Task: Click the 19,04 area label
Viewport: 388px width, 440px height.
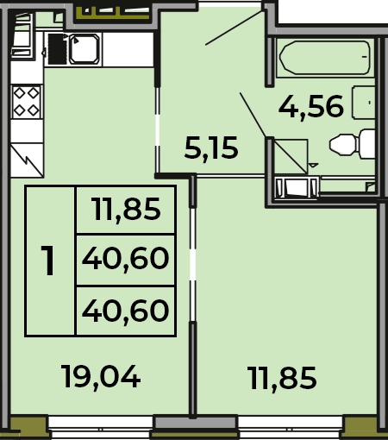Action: pos(101,377)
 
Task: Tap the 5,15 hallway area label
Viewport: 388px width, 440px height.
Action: pos(211,148)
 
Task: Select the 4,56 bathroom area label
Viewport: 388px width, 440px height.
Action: pos(311,107)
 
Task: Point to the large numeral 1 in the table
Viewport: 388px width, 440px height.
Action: pos(47,261)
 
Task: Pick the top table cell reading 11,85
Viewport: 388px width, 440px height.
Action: pos(126,209)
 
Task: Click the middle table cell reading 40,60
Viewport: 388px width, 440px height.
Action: pos(125,259)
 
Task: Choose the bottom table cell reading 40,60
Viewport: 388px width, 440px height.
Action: pos(125,311)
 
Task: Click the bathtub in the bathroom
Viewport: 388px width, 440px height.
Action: pos(325,58)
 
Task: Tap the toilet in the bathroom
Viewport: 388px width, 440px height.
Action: pos(353,144)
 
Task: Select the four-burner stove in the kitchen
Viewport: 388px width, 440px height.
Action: pos(27,102)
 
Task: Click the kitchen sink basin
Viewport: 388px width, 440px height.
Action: pos(84,49)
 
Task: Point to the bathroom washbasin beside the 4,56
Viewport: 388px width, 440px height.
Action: pos(364,102)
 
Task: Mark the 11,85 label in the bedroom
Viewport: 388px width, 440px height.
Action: pos(283,378)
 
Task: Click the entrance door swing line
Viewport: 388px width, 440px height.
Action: pos(235,28)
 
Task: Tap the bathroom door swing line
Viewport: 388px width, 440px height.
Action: pos(253,115)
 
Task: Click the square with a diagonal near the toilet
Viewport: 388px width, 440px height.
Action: pos(291,156)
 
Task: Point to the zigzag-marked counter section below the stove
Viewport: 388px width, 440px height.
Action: pos(27,160)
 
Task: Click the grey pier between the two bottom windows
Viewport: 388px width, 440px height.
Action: pos(196,423)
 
